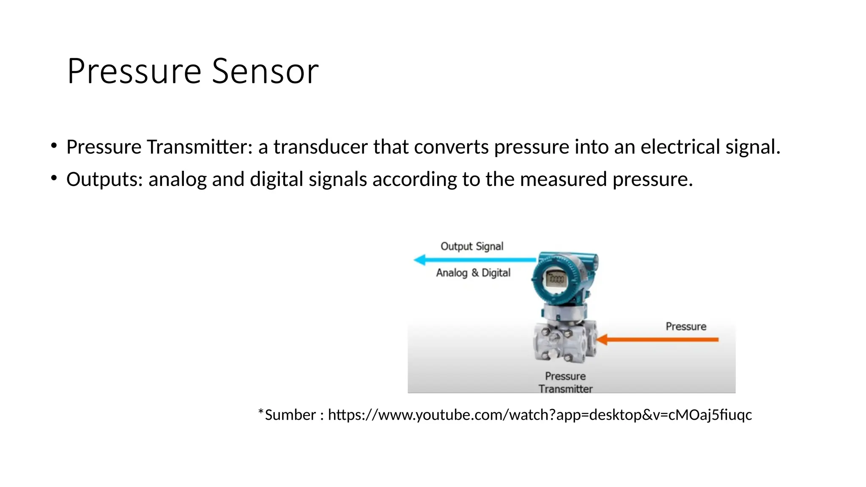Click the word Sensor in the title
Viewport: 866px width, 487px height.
pos(265,71)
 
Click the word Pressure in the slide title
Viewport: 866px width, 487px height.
pos(134,71)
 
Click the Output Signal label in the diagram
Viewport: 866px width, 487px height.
pos(472,246)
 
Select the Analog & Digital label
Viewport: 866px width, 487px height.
pos(473,273)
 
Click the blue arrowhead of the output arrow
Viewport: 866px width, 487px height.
pos(419,260)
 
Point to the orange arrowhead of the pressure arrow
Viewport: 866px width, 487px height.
pos(602,339)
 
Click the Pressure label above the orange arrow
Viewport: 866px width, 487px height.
pos(686,326)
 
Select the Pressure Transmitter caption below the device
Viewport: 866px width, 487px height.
pos(565,382)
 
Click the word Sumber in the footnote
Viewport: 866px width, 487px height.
pos(290,415)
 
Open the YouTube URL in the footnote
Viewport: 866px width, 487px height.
pos(540,415)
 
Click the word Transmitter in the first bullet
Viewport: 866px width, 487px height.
pos(199,147)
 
